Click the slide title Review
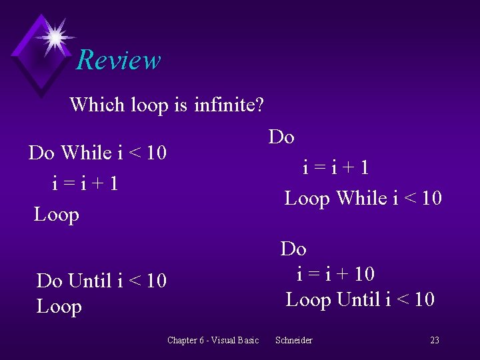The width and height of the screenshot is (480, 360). (x=119, y=60)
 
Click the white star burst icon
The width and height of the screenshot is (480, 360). (x=55, y=36)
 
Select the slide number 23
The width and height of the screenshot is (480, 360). (x=435, y=341)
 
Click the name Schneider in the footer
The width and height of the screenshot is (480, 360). (x=293, y=341)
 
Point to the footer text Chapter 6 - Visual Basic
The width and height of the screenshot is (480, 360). (x=213, y=341)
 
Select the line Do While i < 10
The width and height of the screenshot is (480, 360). (x=97, y=153)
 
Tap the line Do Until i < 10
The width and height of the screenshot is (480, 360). (x=101, y=281)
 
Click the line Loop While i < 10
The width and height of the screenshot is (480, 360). (x=363, y=199)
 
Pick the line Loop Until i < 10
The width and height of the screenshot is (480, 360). (x=360, y=300)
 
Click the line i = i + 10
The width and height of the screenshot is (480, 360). (x=335, y=274)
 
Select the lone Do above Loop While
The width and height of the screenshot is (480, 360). (x=281, y=137)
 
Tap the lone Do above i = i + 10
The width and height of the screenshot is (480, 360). (x=293, y=249)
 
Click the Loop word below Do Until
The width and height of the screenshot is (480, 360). (x=59, y=307)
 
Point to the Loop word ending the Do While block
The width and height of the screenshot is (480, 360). (x=57, y=215)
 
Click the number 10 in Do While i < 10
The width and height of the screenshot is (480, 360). (x=156, y=153)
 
